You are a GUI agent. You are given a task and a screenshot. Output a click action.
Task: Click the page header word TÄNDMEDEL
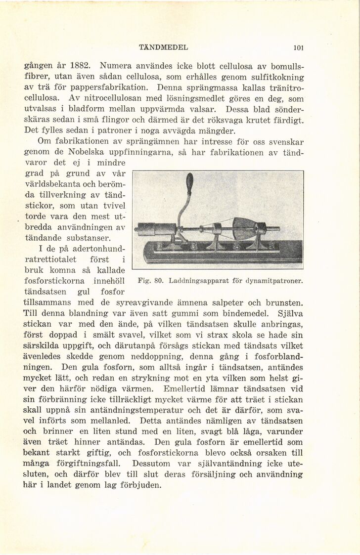coord(164,48)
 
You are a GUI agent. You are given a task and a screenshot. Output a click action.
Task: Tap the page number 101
coord(298,48)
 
